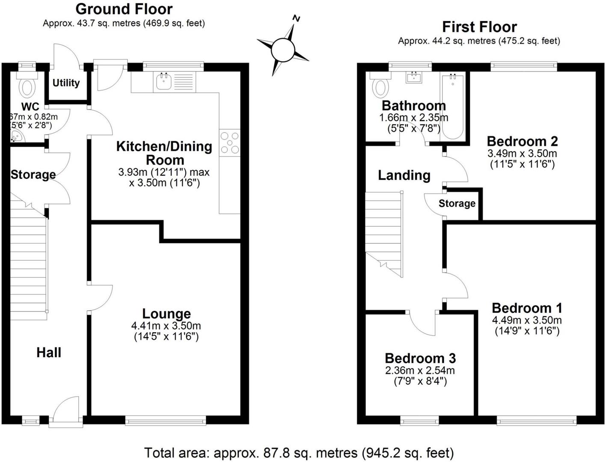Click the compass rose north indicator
coord(296,18)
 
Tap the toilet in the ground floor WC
coord(27,87)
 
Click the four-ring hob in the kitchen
coord(230,142)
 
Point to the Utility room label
coord(66,83)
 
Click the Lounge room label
coord(166,314)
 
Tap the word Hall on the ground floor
coord(49,352)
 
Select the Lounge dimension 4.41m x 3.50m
coord(166,326)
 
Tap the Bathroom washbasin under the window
coord(414,77)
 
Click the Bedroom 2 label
coord(522,141)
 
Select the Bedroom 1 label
coord(527,308)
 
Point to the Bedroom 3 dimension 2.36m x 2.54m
coord(420,370)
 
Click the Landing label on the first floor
coord(404,175)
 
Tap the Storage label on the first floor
coord(457,203)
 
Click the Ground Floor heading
coord(124,9)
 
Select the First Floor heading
coord(479,27)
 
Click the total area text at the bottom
coord(299,453)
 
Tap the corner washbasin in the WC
coord(17,137)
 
